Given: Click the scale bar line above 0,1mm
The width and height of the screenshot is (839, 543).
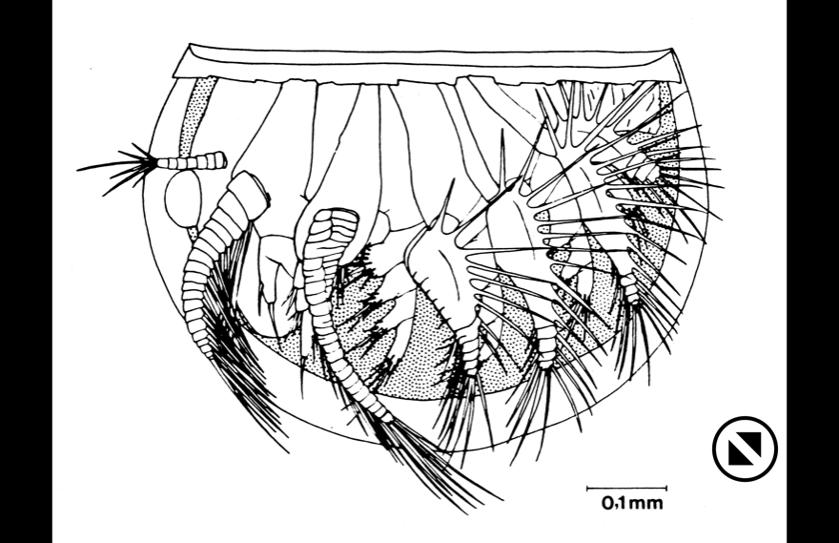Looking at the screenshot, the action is (626, 489).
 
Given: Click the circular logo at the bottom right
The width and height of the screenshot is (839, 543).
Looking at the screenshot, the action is (745, 448).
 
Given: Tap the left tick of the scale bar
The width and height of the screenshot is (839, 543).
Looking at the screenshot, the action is (587, 489).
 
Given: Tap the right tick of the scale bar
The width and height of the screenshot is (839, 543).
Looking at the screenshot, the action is (666, 489).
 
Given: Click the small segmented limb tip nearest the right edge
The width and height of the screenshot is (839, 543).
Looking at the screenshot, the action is (632, 288).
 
